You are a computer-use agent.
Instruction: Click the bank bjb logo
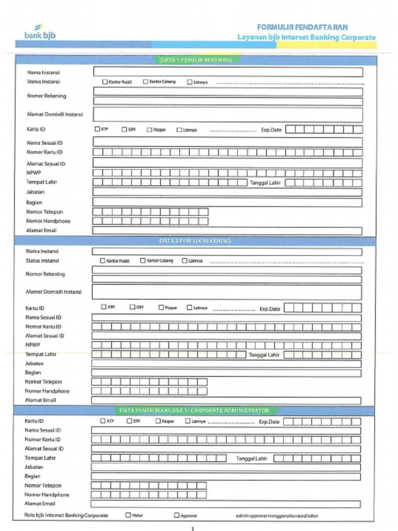(40, 32)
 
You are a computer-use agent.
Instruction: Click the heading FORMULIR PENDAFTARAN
(302, 27)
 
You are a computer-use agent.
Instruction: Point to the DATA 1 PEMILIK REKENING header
(196, 60)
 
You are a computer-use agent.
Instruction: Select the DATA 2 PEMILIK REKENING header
(195, 241)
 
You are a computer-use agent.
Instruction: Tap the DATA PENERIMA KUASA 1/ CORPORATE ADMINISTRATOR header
(194, 410)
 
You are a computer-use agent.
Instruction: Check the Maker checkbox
(128, 515)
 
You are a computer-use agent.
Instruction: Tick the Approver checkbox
(177, 515)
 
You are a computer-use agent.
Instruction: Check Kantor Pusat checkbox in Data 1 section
(105, 82)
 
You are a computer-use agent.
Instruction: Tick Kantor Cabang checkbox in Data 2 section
(143, 261)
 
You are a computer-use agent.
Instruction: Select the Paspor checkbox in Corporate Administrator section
(159, 421)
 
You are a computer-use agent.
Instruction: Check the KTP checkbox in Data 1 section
(97, 129)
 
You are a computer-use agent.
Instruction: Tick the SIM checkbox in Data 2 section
(132, 307)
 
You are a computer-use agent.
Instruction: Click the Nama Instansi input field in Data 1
(228, 72)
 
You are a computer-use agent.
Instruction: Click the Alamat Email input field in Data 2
(226, 400)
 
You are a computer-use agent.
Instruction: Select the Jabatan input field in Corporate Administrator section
(225, 467)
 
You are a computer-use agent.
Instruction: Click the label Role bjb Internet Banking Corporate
(66, 515)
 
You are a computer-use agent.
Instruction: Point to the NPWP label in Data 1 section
(34, 173)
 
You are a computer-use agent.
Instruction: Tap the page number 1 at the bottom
(193, 528)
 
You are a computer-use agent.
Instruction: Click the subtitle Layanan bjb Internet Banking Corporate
(306, 37)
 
